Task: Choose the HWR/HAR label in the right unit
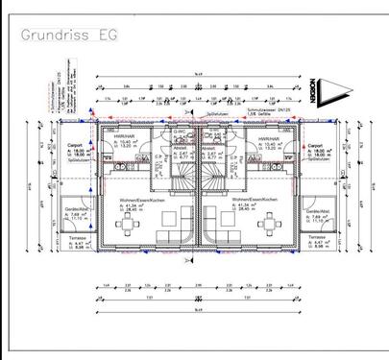pos(267,137)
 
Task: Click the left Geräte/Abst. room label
pos(77,209)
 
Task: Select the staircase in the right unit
pos(211,173)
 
